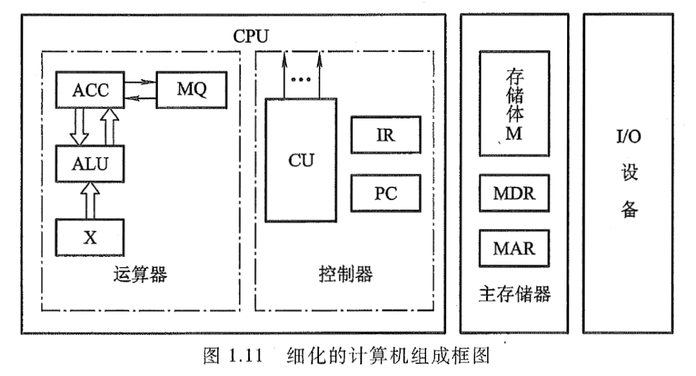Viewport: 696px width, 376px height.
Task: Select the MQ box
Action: point(191,91)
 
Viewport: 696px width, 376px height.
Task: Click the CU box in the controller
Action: point(301,160)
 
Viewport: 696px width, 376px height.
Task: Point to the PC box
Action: point(385,193)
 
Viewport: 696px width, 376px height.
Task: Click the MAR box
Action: point(514,247)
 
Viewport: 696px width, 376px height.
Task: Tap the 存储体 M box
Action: point(514,103)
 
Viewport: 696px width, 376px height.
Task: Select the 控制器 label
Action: point(345,276)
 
